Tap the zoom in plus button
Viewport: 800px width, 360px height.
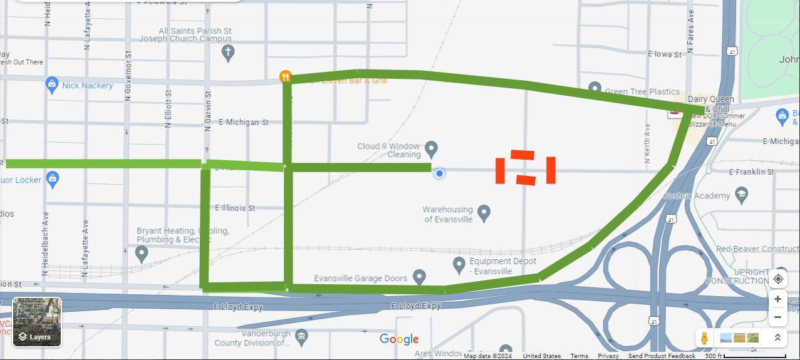point(777,299)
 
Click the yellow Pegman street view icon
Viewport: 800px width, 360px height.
point(704,338)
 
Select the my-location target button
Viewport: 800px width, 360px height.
point(778,279)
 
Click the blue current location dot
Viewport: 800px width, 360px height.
point(440,173)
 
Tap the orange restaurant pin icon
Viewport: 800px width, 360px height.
point(286,77)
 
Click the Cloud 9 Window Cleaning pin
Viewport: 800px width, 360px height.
point(431,149)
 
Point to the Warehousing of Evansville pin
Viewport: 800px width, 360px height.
point(484,213)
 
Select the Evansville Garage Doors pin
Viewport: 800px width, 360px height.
point(419,277)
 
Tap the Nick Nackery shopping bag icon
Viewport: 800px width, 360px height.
point(53,86)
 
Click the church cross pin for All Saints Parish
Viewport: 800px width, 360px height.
point(228,53)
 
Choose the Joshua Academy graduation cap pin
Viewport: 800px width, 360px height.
point(742,195)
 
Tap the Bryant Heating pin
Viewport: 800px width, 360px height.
point(142,254)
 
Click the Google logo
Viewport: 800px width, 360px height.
point(399,339)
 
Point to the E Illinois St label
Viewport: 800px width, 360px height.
point(235,208)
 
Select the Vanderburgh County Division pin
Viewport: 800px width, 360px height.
point(301,336)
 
